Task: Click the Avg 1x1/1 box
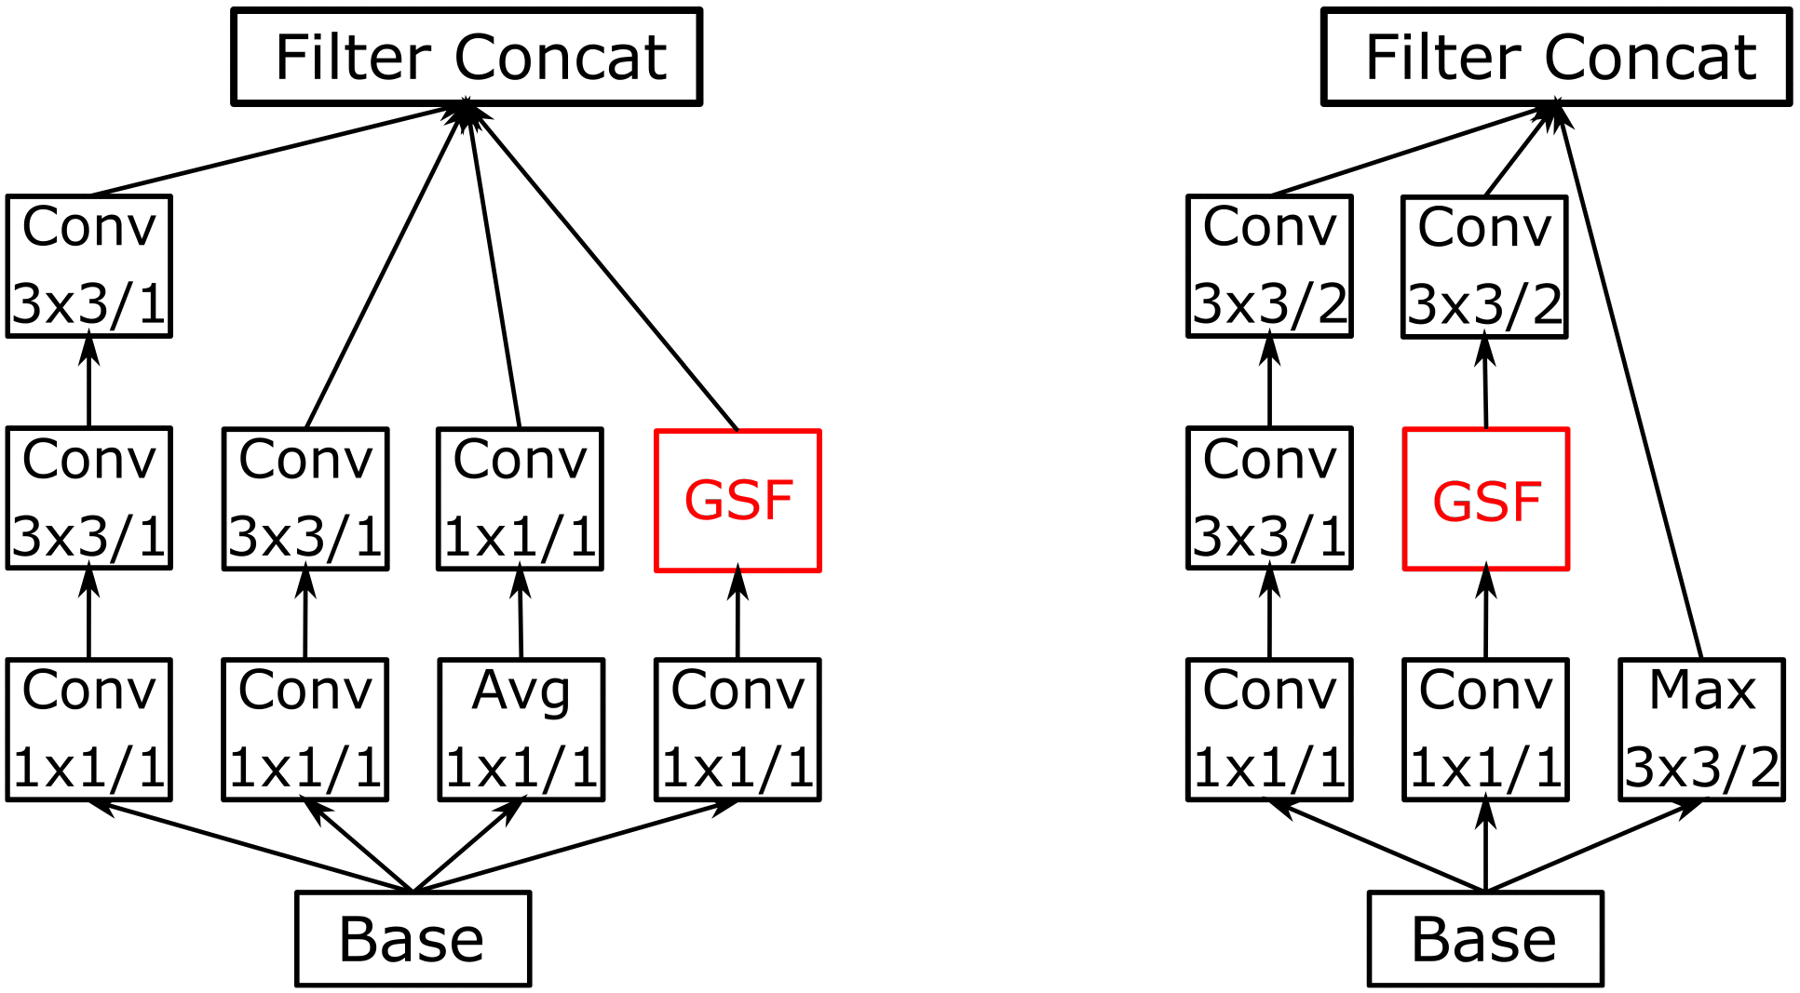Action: point(521,730)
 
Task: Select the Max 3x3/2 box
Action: point(1701,730)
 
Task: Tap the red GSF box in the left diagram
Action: point(738,500)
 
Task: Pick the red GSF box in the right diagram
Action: point(1486,500)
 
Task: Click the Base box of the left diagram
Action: point(413,938)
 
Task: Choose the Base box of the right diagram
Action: point(1485,938)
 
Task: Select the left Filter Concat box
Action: point(467,57)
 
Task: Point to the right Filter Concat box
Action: point(1557,57)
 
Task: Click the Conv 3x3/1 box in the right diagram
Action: point(1269,498)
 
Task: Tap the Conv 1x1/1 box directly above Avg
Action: point(521,499)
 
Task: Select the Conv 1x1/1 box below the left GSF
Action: point(738,730)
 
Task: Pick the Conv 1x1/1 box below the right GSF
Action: point(1486,730)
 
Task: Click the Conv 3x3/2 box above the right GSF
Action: point(1484,267)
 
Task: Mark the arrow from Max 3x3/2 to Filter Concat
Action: point(1630,382)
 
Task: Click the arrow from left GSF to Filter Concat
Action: point(605,270)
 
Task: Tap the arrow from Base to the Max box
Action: point(1592,845)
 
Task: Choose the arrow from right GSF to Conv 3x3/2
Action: point(1485,382)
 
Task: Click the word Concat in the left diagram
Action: point(561,58)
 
